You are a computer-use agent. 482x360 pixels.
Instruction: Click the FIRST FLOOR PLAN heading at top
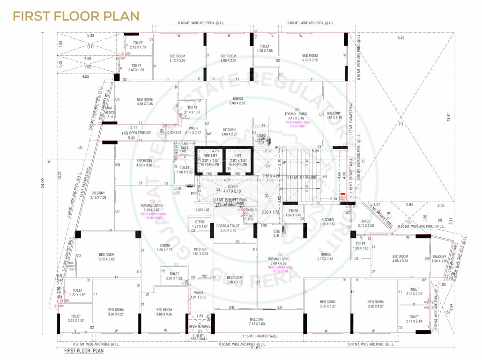(76, 15)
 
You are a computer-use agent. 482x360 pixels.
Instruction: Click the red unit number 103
(297, 109)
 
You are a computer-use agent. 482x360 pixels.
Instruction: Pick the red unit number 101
(280, 255)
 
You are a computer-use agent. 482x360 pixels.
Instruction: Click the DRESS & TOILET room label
(227, 228)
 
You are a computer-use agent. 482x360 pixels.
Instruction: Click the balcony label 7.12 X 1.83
(257, 322)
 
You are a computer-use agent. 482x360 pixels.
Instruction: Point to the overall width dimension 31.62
(255, 348)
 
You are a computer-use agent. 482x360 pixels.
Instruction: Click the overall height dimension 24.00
(43, 180)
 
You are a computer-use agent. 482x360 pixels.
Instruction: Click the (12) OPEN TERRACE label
(137, 133)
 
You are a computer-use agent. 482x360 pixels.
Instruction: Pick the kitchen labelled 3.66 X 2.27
(229, 132)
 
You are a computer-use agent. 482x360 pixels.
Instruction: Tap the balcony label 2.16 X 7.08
(98, 195)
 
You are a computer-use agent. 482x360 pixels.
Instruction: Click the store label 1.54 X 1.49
(293, 213)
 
